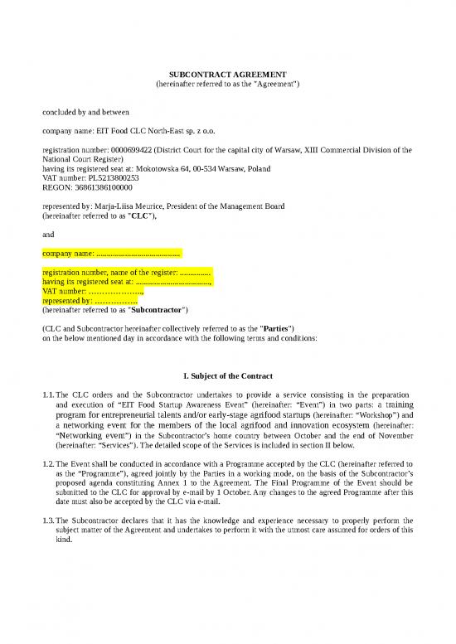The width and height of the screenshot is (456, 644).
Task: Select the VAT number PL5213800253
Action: click(x=108, y=177)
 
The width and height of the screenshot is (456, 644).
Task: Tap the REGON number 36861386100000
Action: click(x=101, y=187)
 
